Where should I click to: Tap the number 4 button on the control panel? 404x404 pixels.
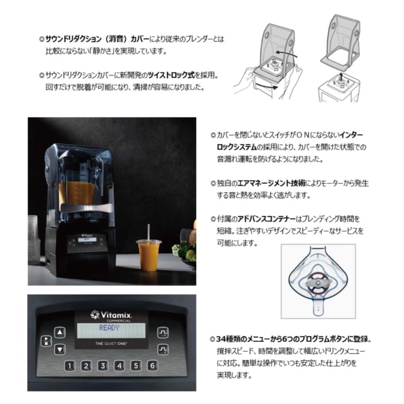coord(119,365)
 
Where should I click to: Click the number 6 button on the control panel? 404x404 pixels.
coord(153,365)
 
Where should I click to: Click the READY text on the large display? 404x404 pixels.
coord(109,328)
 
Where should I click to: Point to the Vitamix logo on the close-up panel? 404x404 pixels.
coord(111,314)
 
